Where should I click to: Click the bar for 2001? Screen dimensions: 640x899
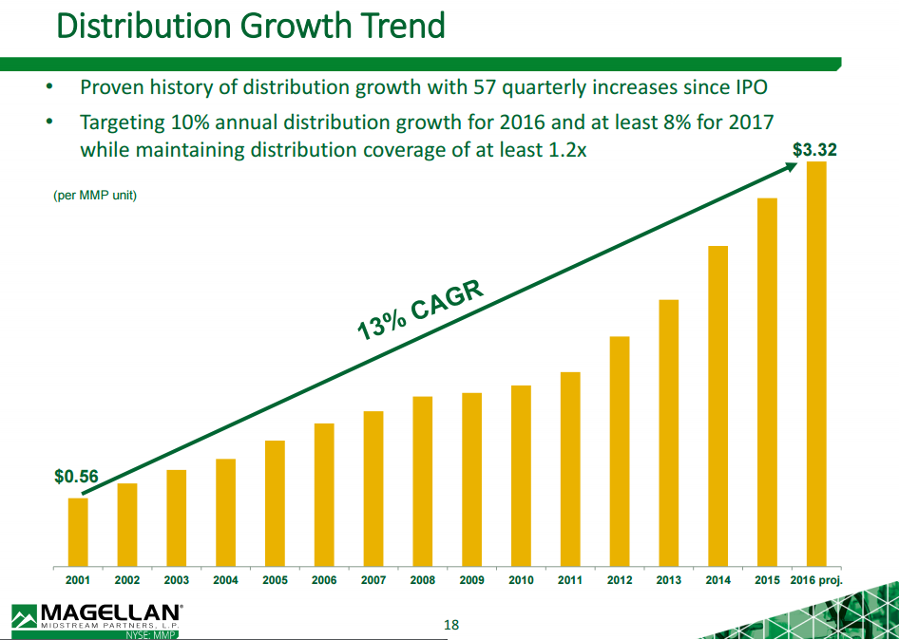click(x=78, y=531)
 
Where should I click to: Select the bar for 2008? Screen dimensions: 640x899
click(x=423, y=480)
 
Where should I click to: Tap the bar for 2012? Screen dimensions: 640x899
click(x=620, y=450)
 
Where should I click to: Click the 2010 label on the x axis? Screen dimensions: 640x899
click(x=521, y=580)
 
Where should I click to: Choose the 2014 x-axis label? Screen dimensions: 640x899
click(x=717, y=580)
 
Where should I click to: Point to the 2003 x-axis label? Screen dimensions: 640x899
click(x=176, y=580)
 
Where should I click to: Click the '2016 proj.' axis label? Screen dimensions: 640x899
click(x=817, y=580)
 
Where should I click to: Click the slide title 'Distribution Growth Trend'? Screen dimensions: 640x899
click(x=251, y=26)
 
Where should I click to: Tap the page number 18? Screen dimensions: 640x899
click(x=451, y=625)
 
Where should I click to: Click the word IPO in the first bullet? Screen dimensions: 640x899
click(x=749, y=88)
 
